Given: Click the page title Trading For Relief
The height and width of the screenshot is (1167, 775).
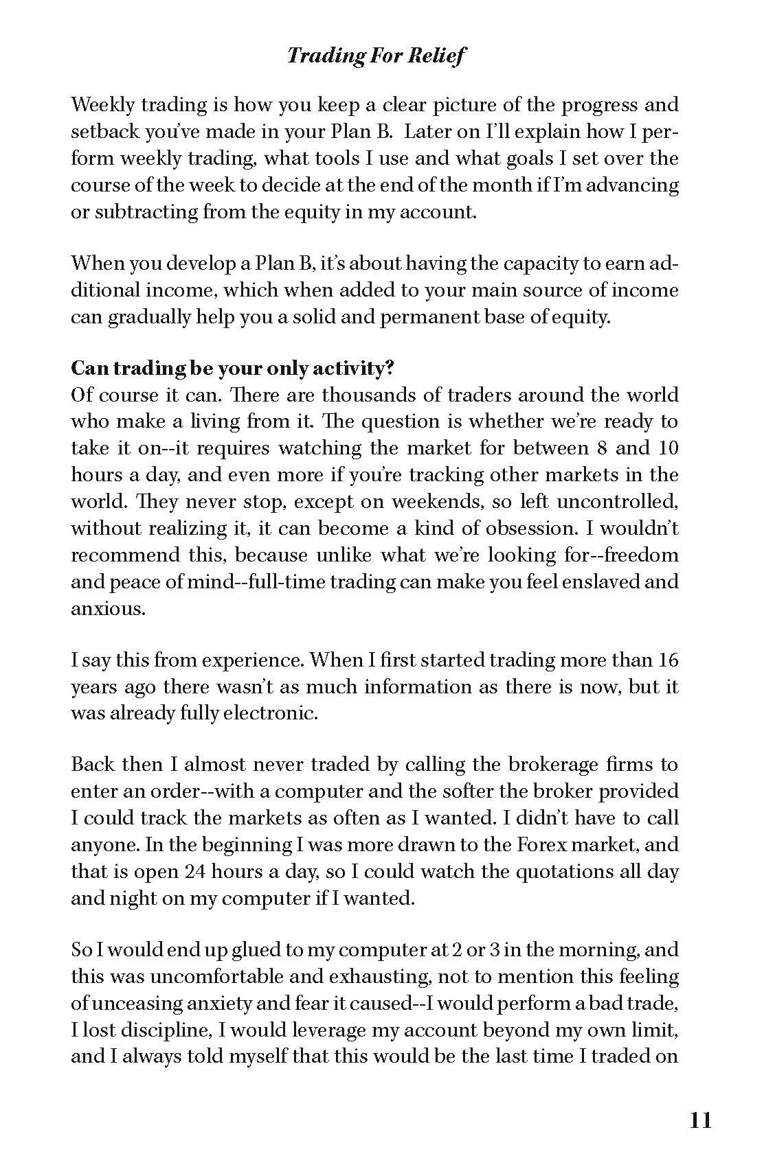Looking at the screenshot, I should pyautogui.click(x=376, y=55).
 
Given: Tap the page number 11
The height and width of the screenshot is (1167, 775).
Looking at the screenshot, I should pyautogui.click(x=699, y=1121).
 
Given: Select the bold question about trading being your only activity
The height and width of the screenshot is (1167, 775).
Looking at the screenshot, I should pyautogui.click(x=232, y=369).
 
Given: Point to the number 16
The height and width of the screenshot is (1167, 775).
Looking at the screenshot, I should pyautogui.click(x=668, y=660).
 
